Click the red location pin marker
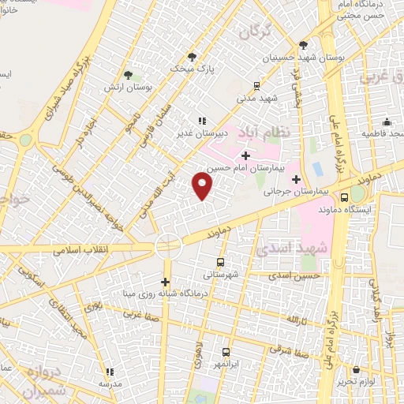203,186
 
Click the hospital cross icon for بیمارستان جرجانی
296,179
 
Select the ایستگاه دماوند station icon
344,197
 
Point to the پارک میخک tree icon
192,56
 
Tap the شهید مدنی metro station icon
256,87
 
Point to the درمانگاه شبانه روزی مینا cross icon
165,282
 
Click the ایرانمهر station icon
226,353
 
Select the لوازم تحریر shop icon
357,368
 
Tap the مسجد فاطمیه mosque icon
387,122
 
